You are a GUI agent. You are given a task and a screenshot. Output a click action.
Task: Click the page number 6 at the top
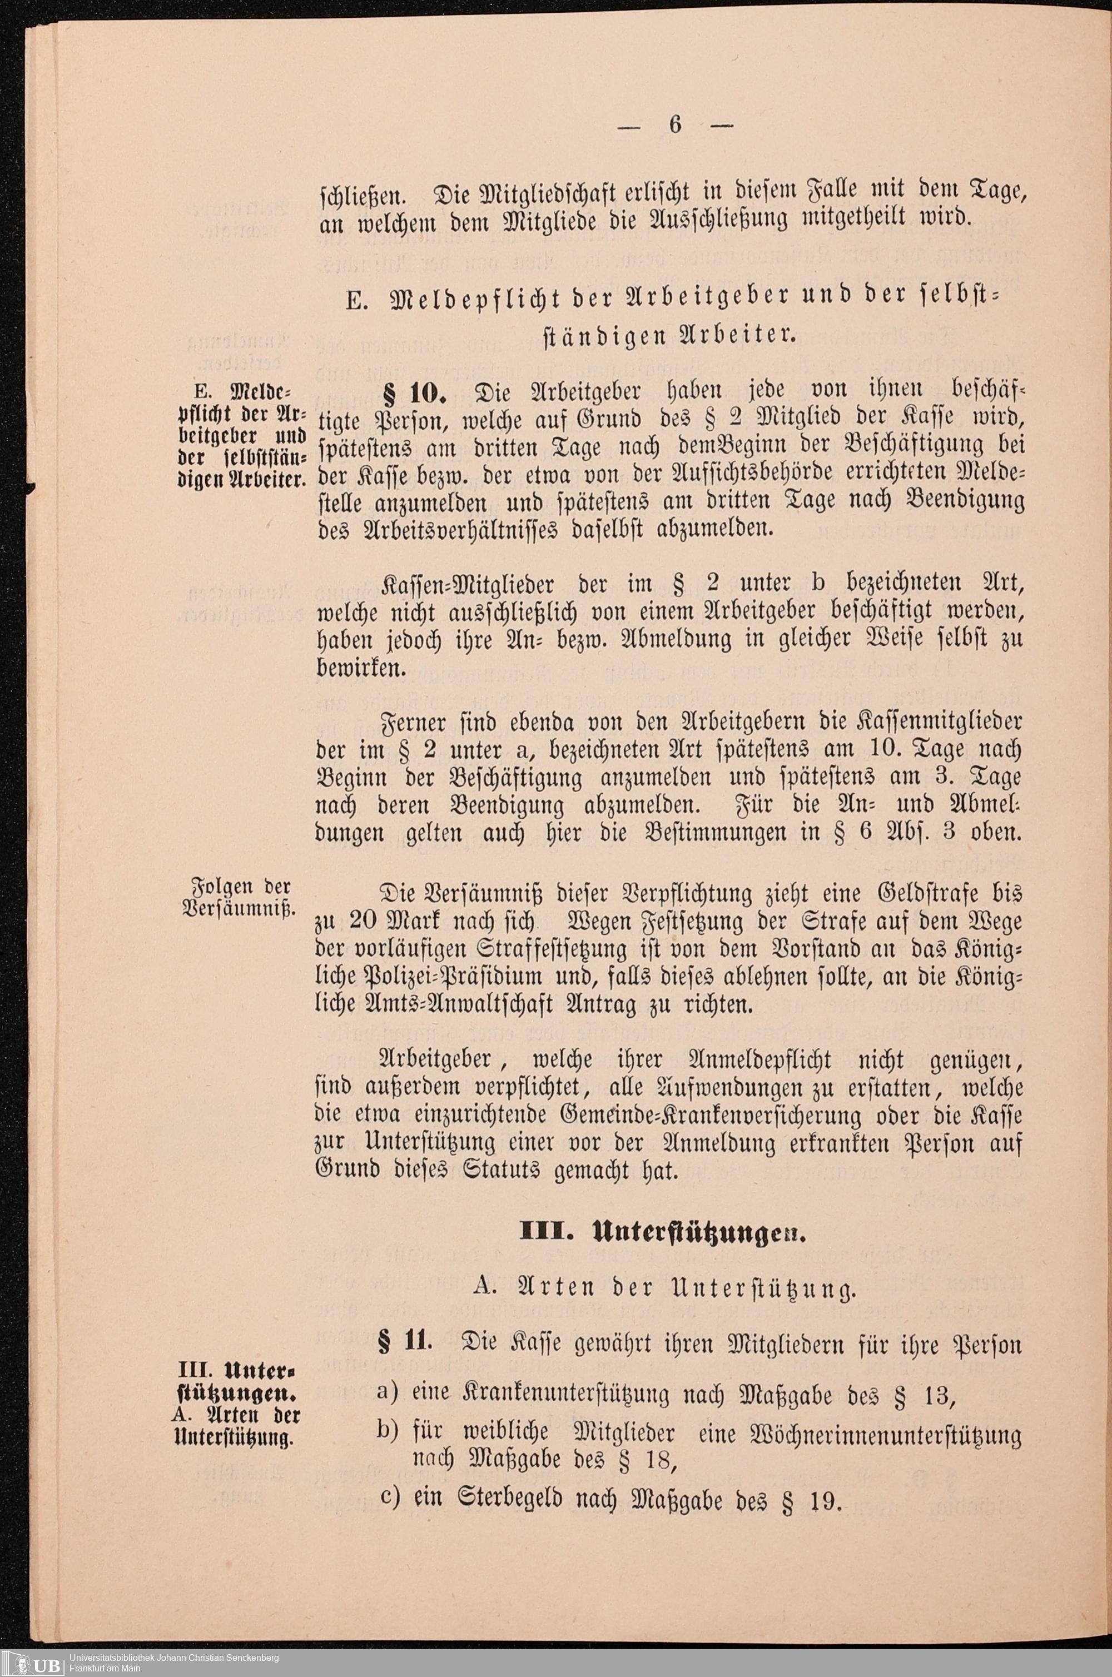(x=674, y=124)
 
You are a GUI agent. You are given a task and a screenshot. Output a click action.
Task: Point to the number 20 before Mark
(x=366, y=922)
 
